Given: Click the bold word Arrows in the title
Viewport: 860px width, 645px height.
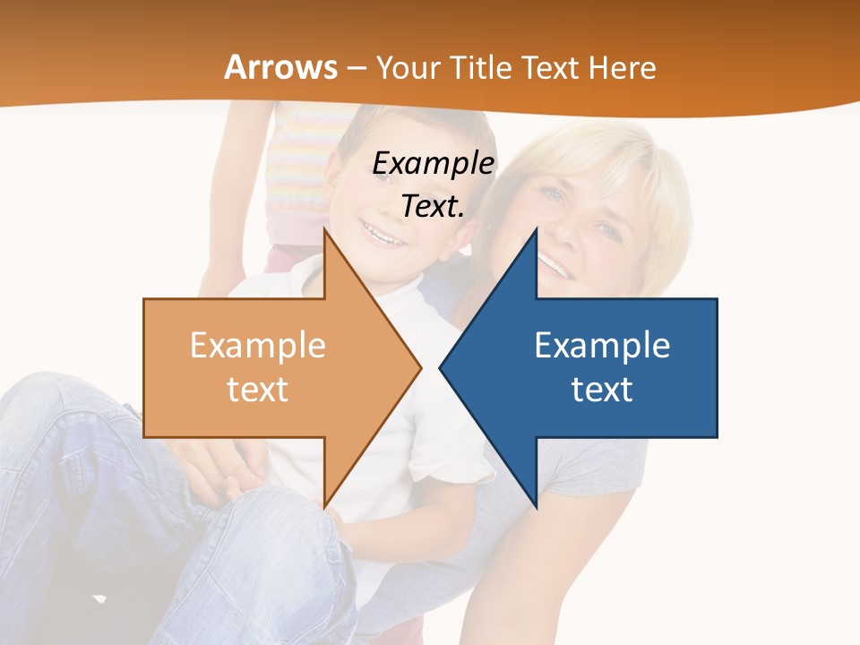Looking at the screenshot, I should point(281,67).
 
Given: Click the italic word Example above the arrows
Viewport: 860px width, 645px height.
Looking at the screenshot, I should point(434,164).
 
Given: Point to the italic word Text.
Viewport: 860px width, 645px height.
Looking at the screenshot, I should point(433,207).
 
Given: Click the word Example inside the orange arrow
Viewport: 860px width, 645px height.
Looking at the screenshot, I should point(258,346).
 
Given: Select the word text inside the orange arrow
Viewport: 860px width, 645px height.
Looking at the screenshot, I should point(258,389).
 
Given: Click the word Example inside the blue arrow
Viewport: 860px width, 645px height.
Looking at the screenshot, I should point(602,346).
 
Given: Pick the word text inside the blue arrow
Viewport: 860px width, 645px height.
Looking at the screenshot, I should point(602,389).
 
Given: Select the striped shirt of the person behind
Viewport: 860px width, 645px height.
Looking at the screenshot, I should point(297,170).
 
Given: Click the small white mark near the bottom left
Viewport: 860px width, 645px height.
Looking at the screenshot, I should point(99,598).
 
